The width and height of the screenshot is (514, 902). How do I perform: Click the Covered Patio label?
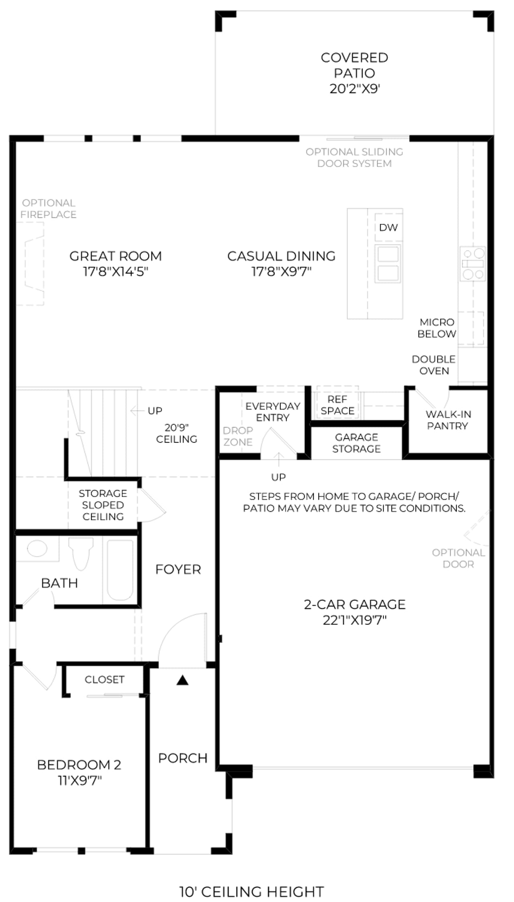click(x=354, y=65)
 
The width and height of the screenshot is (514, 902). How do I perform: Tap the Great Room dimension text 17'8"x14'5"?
click(x=116, y=272)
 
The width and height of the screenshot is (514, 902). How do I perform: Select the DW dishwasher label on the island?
click(x=388, y=228)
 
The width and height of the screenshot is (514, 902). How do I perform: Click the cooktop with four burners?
click(x=473, y=263)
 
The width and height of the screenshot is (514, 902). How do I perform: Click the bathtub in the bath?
click(x=120, y=570)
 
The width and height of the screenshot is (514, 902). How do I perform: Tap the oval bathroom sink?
click(x=37, y=548)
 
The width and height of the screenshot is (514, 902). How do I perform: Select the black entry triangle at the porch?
click(x=183, y=680)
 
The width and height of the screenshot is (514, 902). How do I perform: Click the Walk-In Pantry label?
click(x=448, y=420)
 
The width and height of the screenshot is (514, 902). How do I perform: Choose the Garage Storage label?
click(x=356, y=443)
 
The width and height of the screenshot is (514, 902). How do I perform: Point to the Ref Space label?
click(x=337, y=405)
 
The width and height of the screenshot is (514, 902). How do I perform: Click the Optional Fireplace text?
click(x=49, y=209)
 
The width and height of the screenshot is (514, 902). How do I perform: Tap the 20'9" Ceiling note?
click(x=177, y=433)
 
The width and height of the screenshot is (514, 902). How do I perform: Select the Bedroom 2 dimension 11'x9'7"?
click(x=79, y=781)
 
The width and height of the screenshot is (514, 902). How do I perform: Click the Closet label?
click(x=104, y=680)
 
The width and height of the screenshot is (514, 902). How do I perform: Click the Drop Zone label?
click(x=238, y=436)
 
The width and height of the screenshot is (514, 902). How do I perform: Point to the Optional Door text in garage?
click(x=458, y=558)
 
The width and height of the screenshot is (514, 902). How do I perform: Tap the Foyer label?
click(x=178, y=569)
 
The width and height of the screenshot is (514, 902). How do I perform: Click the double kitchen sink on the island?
click(x=388, y=263)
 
